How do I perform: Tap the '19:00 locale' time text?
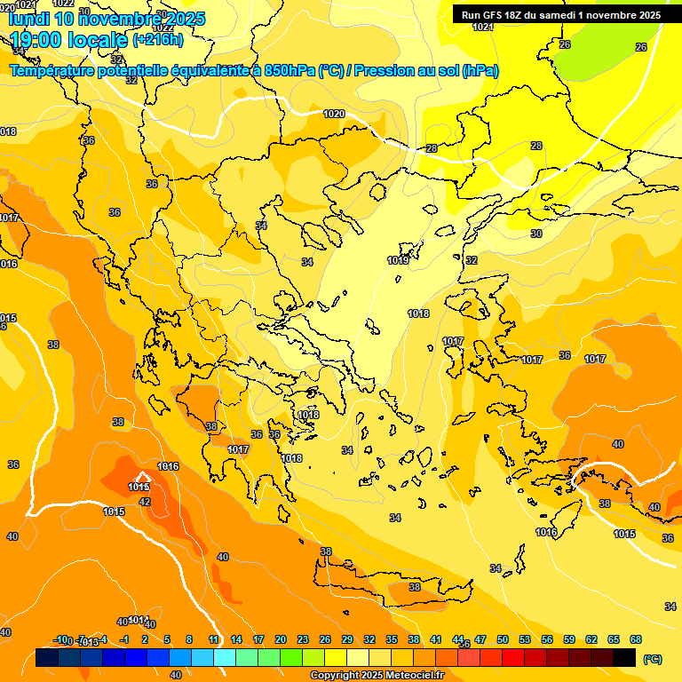click(x=68, y=39)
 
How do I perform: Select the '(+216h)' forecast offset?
click(x=158, y=40)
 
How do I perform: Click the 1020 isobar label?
click(x=334, y=114)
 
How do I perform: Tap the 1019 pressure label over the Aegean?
click(x=398, y=260)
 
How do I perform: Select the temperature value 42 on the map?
click(x=145, y=502)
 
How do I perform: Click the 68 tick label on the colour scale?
click(x=636, y=639)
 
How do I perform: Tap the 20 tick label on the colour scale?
click(x=280, y=639)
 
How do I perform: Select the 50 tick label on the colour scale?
click(x=503, y=639)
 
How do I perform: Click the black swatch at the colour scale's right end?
click(x=624, y=658)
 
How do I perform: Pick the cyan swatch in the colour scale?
click(x=225, y=658)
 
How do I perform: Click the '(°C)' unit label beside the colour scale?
click(x=653, y=658)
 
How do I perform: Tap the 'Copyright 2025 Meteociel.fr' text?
click(x=377, y=676)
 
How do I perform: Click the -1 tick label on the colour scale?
click(x=124, y=639)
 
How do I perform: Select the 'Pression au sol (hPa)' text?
click(x=426, y=70)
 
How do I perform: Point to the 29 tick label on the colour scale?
click(x=346, y=639)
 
